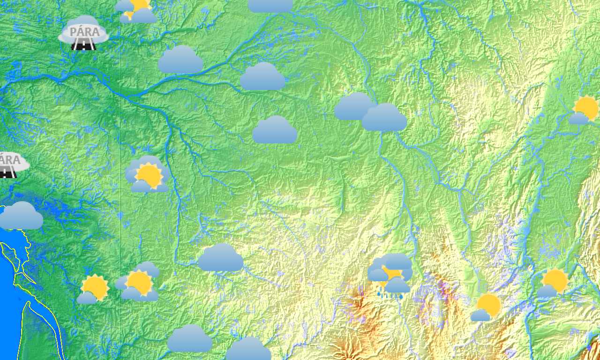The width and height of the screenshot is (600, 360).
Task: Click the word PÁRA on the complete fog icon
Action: pos(84,32)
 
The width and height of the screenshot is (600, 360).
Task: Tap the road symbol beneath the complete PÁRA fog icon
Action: pos(84,45)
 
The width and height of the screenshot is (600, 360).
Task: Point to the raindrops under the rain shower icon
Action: pos(390,295)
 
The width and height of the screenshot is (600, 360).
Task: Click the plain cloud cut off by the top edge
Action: pos(270,5)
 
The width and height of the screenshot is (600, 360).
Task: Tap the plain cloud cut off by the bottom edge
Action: pos(248,349)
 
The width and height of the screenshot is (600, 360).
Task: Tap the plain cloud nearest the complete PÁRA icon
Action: pos(180,60)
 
